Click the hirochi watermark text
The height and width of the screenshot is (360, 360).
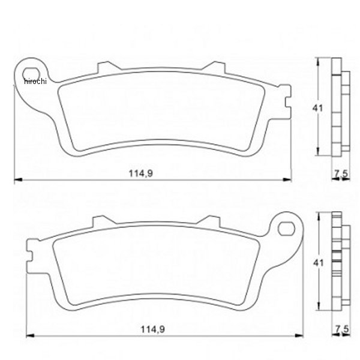pyautogui.click(x=35, y=81)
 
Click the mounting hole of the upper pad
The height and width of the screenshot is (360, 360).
pyautogui.click(x=31, y=74)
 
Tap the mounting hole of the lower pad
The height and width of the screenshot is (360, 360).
pyautogui.click(x=286, y=229)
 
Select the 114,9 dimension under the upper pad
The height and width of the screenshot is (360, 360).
pyautogui.click(x=141, y=173)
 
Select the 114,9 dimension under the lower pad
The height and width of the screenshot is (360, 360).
pyautogui.click(x=152, y=329)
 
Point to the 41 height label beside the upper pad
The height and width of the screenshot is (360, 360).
pyautogui.click(x=317, y=108)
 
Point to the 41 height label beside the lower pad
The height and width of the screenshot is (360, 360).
pyautogui.click(x=319, y=263)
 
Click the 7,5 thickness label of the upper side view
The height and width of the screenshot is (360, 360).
pyautogui.click(x=341, y=174)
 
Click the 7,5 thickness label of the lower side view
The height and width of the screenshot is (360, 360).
pyautogui.click(x=342, y=329)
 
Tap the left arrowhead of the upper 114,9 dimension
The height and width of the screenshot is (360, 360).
pyautogui.click(x=18, y=179)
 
